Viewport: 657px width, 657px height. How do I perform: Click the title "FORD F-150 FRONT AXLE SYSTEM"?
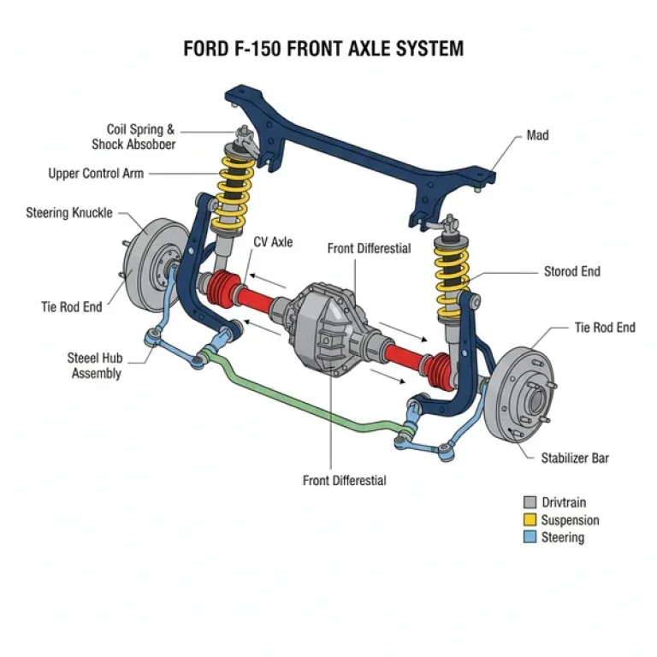tap(323, 48)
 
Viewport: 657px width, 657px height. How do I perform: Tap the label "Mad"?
tap(537, 135)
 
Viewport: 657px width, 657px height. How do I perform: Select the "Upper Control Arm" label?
tap(96, 174)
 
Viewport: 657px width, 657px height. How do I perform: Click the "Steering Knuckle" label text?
tap(69, 212)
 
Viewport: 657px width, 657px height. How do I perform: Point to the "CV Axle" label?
tap(273, 242)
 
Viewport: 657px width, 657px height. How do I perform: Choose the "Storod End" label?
tap(572, 272)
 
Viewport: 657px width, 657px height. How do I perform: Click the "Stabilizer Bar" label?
tap(575, 459)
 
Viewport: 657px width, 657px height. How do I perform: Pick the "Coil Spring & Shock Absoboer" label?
tap(134, 137)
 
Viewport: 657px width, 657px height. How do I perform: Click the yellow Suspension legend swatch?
tap(530, 520)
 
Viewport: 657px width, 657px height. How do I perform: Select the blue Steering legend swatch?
tap(530, 537)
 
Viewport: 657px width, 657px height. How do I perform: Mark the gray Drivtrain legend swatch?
tap(530, 502)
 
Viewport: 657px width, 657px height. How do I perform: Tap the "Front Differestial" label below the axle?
tap(345, 480)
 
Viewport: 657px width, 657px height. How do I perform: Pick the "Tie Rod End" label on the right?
tap(604, 328)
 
